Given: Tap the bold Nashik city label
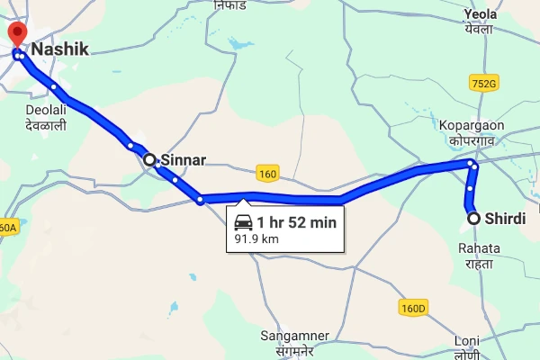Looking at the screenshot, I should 60,50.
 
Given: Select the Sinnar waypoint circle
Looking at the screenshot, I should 150,159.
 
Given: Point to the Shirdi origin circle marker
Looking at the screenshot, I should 473,218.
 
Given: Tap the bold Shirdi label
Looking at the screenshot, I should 505,219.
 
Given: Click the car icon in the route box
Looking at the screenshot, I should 243,221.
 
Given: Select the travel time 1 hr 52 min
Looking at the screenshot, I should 296,221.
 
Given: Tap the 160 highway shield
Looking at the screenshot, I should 266,173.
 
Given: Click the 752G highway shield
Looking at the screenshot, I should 482,84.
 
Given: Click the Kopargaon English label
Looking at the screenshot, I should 472,124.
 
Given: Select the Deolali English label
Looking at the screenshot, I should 45,111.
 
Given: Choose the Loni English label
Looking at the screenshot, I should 467,341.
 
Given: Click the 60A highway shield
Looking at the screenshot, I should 7,228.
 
